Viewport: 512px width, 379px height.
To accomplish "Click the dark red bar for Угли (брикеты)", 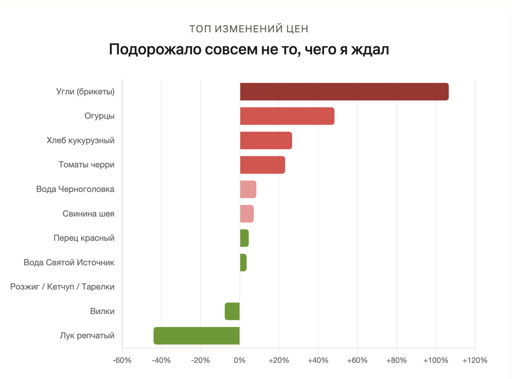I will pos(344,92).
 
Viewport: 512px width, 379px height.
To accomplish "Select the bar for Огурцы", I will pos(287,116).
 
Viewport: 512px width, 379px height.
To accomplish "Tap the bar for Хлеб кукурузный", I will pos(266,141).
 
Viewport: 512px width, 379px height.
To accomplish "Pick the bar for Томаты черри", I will pos(262,165).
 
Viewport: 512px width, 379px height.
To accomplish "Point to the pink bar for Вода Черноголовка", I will pos(248,189).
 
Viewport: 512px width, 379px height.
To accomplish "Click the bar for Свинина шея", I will pos(247,214).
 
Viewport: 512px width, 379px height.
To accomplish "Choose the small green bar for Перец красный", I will pos(244,238).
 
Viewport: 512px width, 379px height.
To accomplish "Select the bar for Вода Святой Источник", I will pos(243,262).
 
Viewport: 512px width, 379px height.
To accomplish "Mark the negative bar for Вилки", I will pos(232,311).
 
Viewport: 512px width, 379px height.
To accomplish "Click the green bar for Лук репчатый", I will pos(197,335).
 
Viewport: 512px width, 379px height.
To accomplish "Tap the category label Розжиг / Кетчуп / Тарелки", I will pos(62,287).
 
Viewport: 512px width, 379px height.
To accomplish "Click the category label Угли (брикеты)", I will pos(85,92).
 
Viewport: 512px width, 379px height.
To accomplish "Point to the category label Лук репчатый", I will pos(87,335).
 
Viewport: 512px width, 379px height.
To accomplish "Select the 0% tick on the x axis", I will pos(240,360).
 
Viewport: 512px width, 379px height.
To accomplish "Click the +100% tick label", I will pos(436,360).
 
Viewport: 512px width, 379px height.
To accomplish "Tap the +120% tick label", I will pos(474,360).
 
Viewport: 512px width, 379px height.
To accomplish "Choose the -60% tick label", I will pos(122,360).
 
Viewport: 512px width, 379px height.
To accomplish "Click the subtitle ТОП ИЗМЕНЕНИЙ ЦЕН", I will pos(249,29).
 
